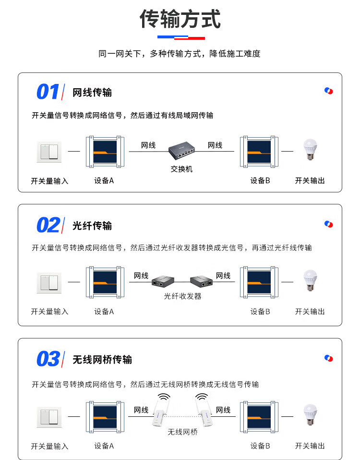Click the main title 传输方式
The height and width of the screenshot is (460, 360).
180,19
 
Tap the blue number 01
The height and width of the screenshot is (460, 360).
48,92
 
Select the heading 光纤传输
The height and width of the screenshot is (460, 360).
92,225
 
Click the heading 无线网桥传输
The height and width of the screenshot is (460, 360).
102,359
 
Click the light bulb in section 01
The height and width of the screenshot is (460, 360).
310,149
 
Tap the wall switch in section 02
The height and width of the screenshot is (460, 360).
49,283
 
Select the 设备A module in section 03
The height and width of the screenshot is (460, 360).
105,417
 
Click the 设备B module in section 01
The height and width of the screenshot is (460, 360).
259,152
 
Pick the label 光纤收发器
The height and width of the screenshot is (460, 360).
183,296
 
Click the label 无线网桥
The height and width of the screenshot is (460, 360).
183,432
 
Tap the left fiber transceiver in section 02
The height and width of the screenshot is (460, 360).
163,281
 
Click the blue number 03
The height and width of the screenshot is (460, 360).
48,359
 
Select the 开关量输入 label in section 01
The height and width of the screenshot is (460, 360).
49,181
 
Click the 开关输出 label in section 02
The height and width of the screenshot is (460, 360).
310,312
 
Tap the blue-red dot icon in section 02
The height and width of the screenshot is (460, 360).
329,224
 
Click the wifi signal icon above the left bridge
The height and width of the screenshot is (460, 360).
164,398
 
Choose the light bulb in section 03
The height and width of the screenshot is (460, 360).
310,414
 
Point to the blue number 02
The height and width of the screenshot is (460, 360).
48,225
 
